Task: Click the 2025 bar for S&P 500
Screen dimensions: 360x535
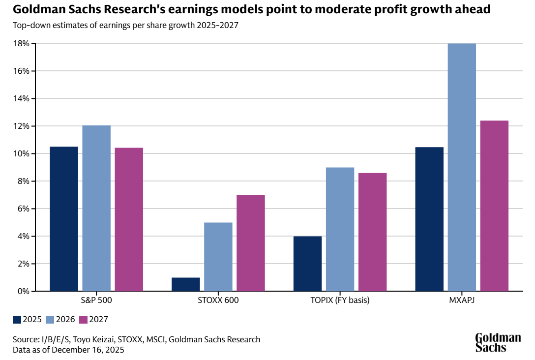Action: pyautogui.click(x=64, y=219)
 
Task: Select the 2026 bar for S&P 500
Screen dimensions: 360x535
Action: pyautogui.click(x=96, y=208)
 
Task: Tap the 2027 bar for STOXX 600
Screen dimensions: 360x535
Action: pyautogui.click(x=251, y=243)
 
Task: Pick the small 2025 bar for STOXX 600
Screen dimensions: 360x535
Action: pyautogui.click(x=186, y=284)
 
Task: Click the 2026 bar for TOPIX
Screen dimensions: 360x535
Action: pyautogui.click(x=340, y=229)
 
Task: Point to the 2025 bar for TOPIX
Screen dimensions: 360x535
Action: pyautogui.click(x=307, y=264)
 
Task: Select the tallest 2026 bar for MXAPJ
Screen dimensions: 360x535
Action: pyautogui.click(x=462, y=167)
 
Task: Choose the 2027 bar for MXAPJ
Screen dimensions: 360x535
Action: pyautogui.click(x=494, y=206)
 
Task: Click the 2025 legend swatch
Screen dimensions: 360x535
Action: pyautogui.click(x=17, y=319)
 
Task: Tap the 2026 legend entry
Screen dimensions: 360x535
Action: pyautogui.click(x=60, y=319)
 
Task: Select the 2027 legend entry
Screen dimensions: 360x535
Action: pyautogui.click(x=93, y=319)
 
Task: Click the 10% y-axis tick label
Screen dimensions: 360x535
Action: pyautogui.click(x=23, y=153)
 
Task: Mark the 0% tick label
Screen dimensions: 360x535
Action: pyautogui.click(x=24, y=291)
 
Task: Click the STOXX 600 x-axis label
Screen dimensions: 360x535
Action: pyautogui.click(x=218, y=300)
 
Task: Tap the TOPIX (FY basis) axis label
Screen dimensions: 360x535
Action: pyautogui.click(x=340, y=300)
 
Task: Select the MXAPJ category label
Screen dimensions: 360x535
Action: pyautogui.click(x=462, y=300)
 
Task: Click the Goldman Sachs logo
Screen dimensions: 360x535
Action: pyautogui.click(x=498, y=342)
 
